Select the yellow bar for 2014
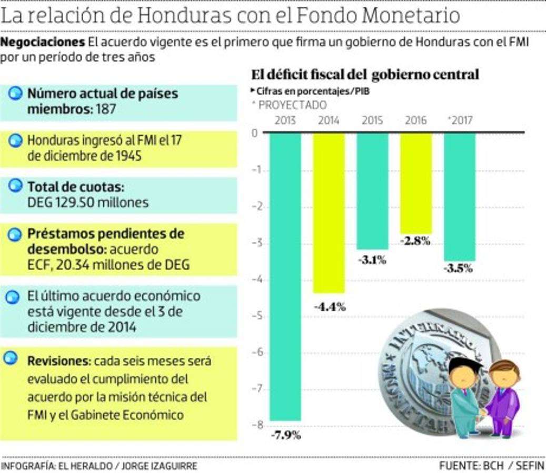(x=329, y=213)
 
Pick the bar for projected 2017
(x=460, y=197)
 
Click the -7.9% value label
(x=286, y=435)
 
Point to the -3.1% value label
(x=372, y=260)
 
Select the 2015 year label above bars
(x=372, y=120)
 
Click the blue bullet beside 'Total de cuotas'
(x=16, y=186)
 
